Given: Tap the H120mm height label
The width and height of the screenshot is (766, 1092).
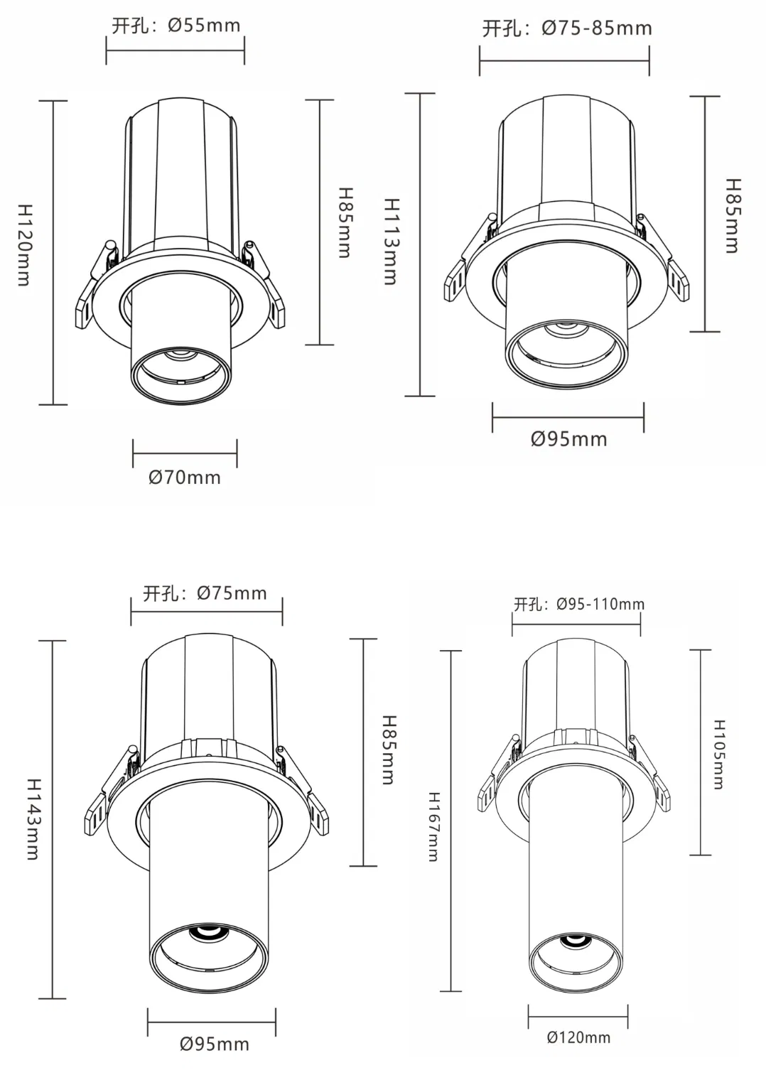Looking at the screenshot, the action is [x=24, y=244].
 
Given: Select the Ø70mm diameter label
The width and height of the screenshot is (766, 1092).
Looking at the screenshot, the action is [x=185, y=477].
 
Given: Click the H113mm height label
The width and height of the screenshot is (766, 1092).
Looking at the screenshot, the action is [x=391, y=242].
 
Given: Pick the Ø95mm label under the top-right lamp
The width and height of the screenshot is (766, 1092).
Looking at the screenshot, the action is [x=568, y=439].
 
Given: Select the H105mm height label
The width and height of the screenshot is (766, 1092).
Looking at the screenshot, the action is [x=718, y=755].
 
